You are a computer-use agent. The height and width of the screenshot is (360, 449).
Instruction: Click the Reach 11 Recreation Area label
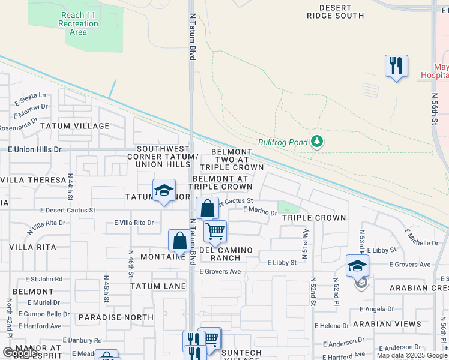coord(78,23)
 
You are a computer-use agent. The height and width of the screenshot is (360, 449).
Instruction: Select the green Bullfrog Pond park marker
coord(317,142)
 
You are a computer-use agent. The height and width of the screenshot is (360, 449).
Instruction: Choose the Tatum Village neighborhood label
coord(75,126)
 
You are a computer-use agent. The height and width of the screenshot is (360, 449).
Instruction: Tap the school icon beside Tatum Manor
coord(164,190)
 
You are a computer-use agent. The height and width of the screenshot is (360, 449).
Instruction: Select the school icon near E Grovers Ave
coord(357,265)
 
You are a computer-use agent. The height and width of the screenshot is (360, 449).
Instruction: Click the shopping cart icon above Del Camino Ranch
coord(214,231)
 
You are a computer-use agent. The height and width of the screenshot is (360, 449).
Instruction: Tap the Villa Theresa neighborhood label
coord(33,180)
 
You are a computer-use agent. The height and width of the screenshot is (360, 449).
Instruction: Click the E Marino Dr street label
coord(259,209)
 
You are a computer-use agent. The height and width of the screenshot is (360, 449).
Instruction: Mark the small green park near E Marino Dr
coord(289,208)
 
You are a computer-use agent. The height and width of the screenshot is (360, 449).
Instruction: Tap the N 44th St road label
coord(70,188)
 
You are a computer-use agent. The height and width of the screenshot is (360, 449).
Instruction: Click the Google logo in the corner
coord(19,353)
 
